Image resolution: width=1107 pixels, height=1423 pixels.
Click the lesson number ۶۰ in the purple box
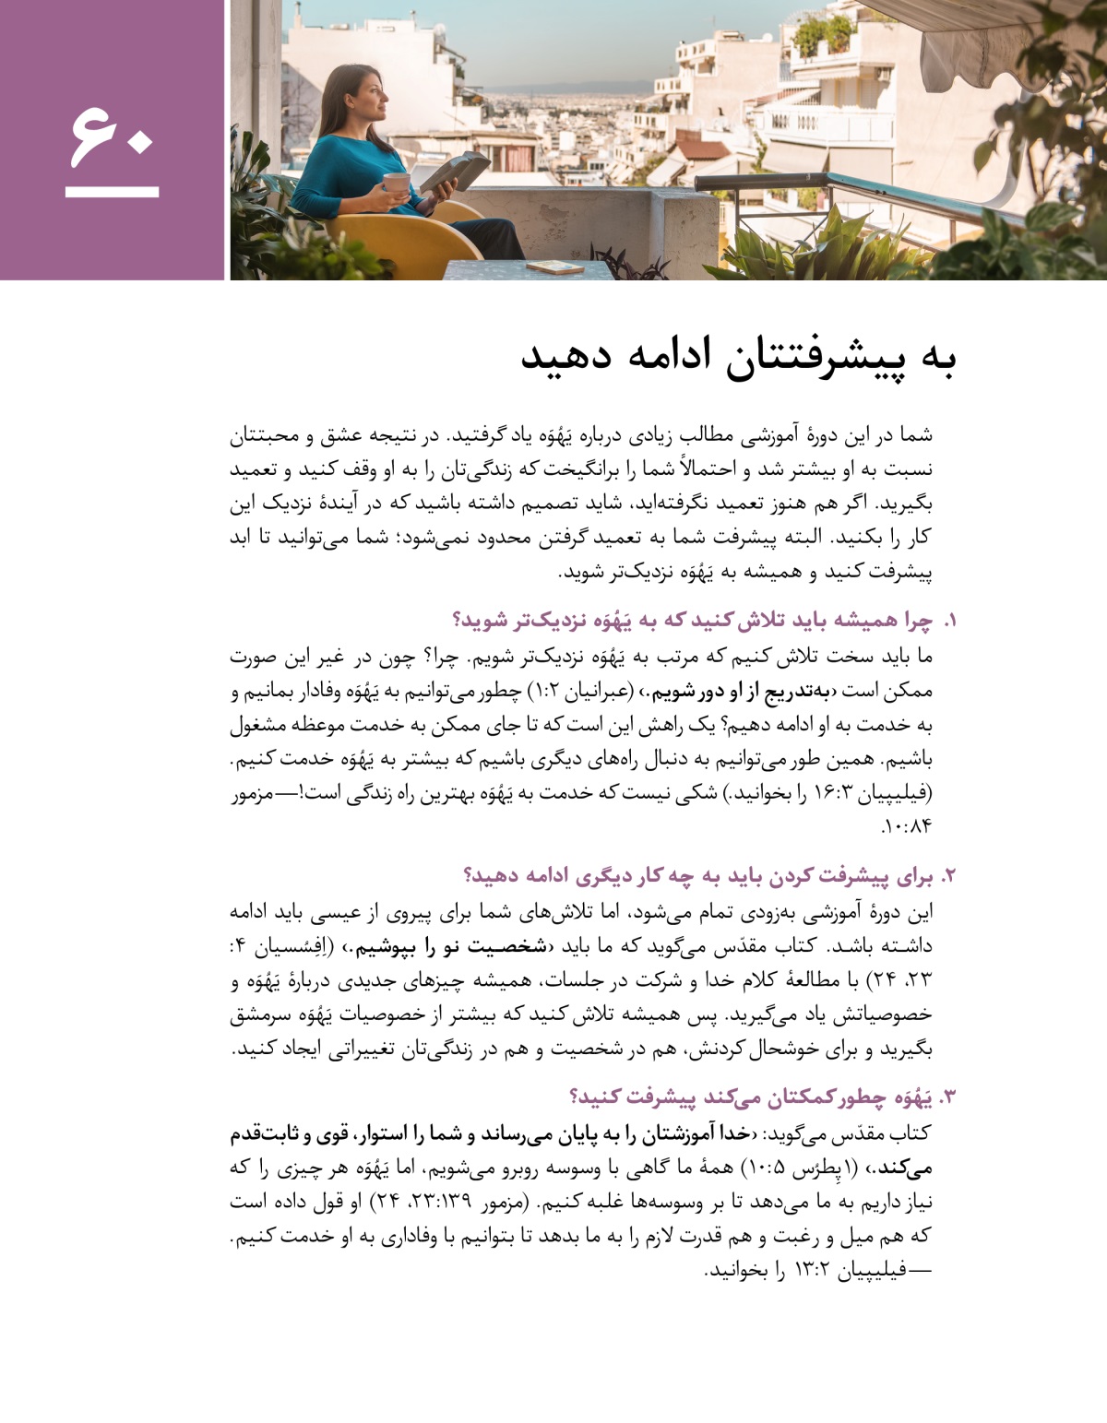(x=111, y=136)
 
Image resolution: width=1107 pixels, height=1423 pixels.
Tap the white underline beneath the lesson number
(x=112, y=193)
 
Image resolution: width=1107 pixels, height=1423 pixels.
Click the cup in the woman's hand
(x=396, y=183)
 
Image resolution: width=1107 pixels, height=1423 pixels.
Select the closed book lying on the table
(x=554, y=267)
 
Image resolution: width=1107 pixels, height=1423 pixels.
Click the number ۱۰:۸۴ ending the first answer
(x=908, y=826)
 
